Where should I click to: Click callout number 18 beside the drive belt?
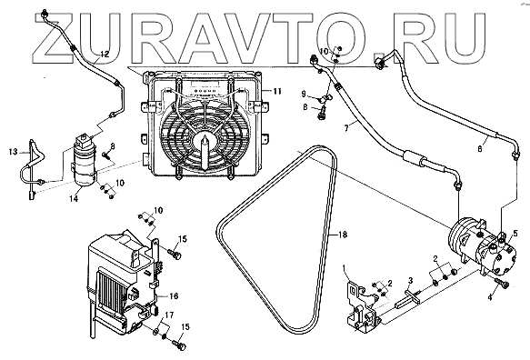click(343, 235)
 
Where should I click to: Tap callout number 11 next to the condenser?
click(277, 91)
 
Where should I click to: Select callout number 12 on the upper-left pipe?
click(105, 54)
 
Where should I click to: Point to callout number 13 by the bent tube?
click(14, 152)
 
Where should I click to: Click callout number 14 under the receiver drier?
click(74, 199)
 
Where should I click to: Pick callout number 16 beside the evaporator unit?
click(174, 296)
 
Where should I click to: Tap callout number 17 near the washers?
click(169, 315)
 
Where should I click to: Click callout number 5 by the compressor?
click(515, 233)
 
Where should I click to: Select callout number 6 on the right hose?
click(480, 148)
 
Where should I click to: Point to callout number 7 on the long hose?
click(346, 128)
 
